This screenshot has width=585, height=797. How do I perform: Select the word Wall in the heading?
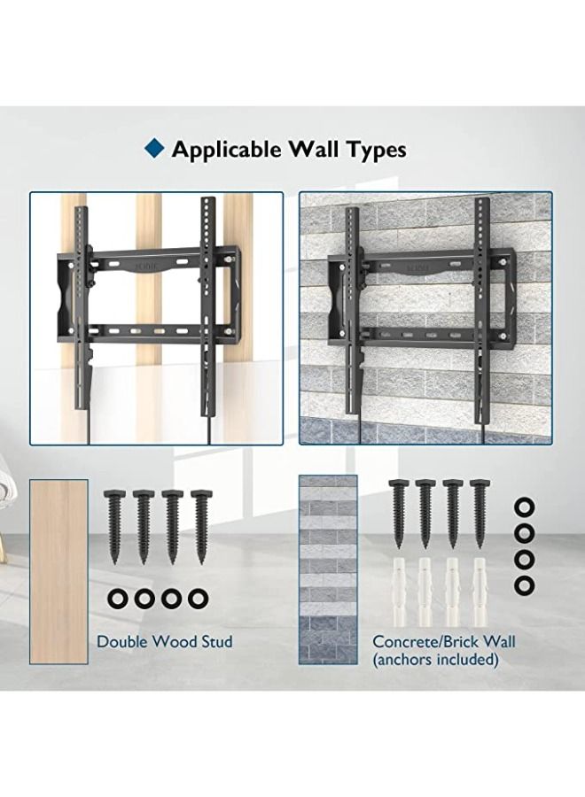click(319, 150)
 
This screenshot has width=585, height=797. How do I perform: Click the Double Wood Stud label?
click(165, 641)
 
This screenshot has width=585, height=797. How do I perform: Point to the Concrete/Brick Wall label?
click(443, 641)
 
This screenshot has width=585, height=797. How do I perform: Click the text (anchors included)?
click(435, 659)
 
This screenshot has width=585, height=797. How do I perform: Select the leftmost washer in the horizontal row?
click(118, 600)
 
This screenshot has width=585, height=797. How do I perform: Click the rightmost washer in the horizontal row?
click(198, 600)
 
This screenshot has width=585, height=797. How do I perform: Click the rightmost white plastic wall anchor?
click(480, 592)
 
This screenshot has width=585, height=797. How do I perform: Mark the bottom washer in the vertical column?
click(525, 585)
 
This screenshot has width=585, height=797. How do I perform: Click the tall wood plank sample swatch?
click(58, 571)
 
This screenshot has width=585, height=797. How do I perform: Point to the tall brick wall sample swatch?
click(326, 570)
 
